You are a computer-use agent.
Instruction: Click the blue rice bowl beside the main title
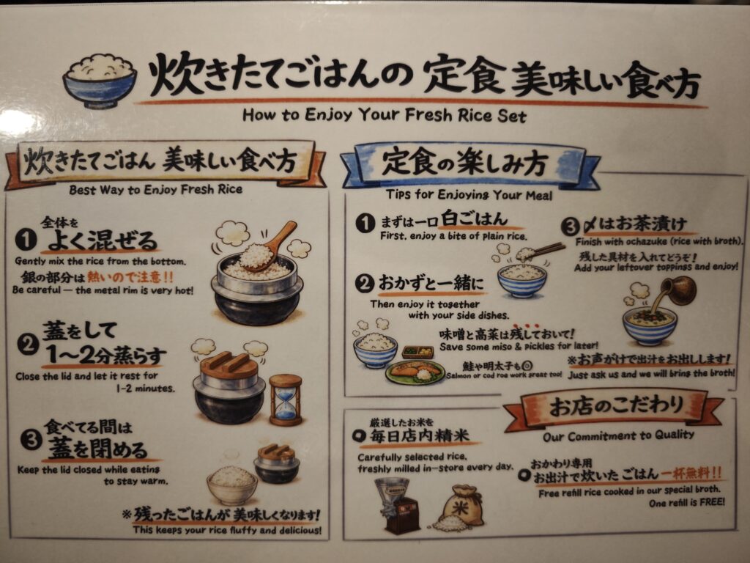point(100,81)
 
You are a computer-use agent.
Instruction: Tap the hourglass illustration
point(286,400)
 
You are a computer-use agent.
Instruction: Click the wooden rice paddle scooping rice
point(276,244)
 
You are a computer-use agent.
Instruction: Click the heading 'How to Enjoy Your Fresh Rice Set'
point(384,115)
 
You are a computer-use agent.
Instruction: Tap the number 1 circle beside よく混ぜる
point(26,240)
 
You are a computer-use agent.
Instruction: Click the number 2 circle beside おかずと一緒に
point(365,284)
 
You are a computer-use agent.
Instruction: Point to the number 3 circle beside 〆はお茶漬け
point(571,227)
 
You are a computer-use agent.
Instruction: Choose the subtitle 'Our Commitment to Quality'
point(618,435)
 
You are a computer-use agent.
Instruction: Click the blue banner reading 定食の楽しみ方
point(470,165)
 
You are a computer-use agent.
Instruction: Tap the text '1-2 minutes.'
point(146,389)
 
